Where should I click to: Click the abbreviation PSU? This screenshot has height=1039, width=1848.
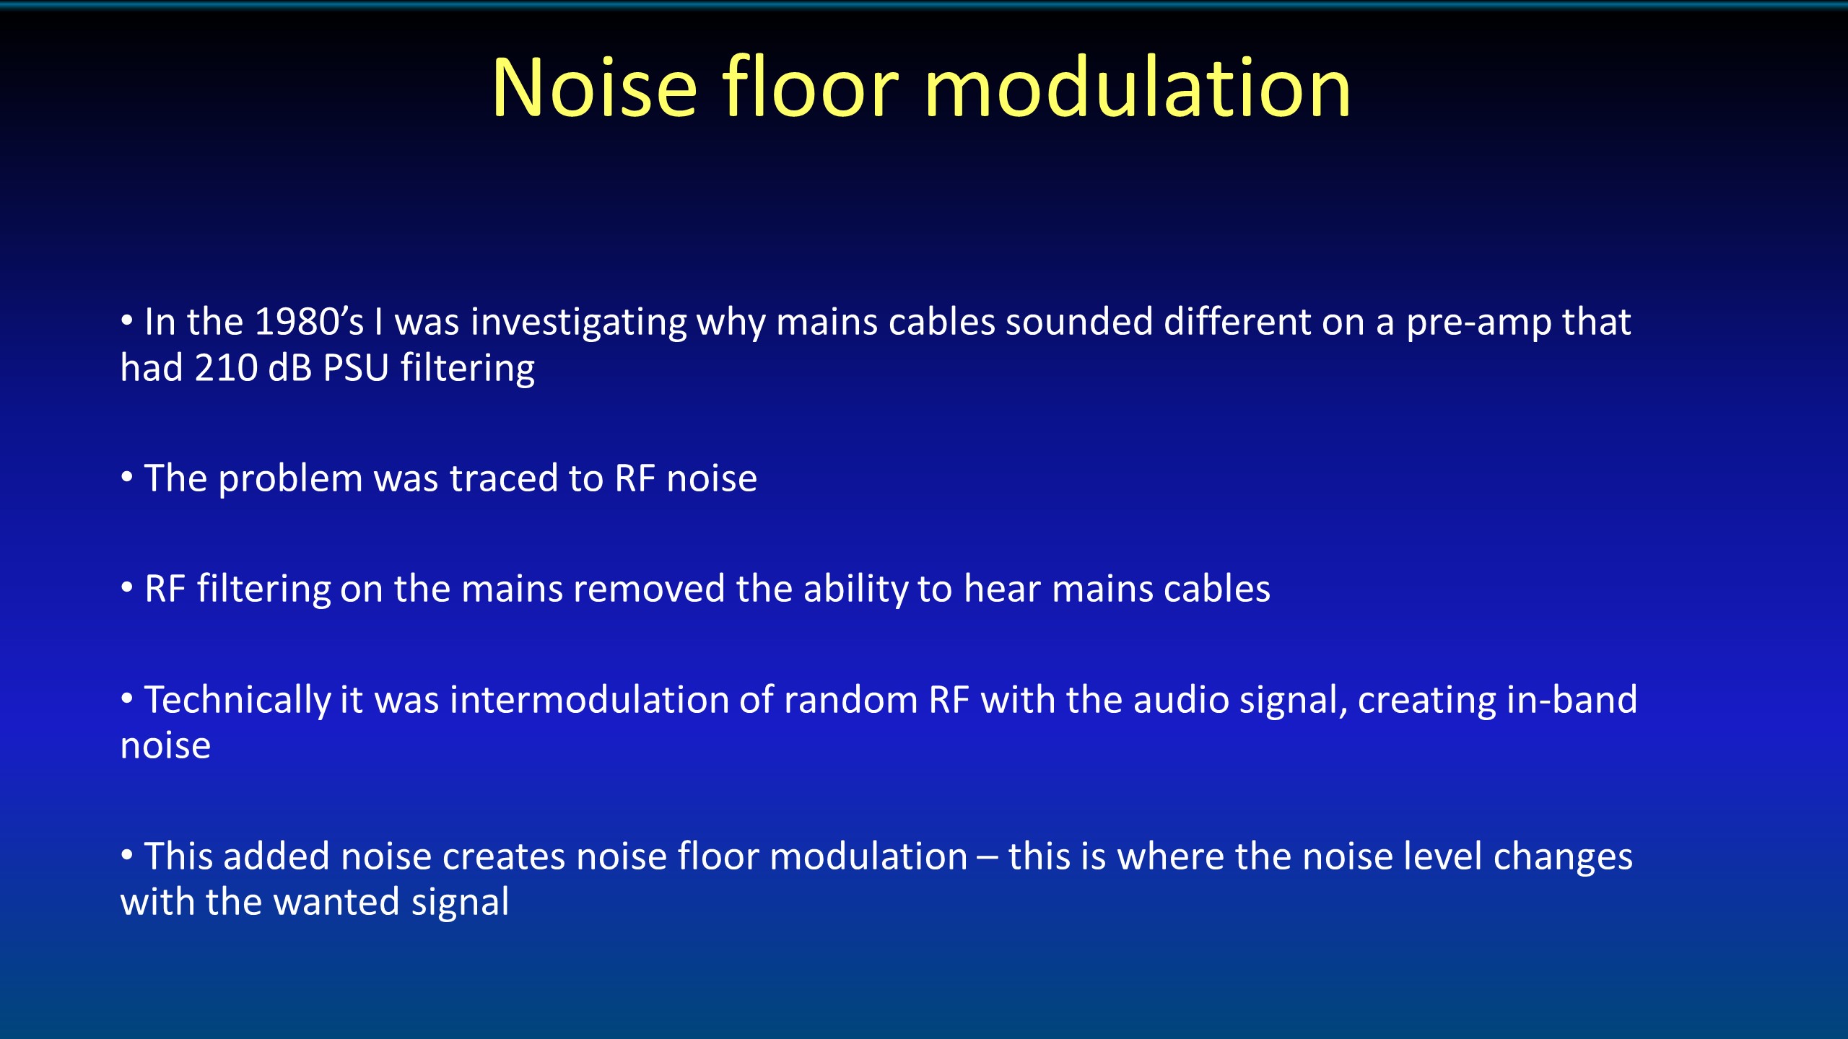coord(356,368)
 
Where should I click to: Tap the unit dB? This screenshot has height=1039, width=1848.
coord(290,368)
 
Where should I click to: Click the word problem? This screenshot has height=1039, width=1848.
coord(290,480)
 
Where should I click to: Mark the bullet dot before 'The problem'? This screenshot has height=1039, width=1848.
coord(127,476)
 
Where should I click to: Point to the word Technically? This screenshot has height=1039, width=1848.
coord(237,701)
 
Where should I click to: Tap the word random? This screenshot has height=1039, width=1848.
coord(851,700)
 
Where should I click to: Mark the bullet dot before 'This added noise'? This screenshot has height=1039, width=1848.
coord(127,854)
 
